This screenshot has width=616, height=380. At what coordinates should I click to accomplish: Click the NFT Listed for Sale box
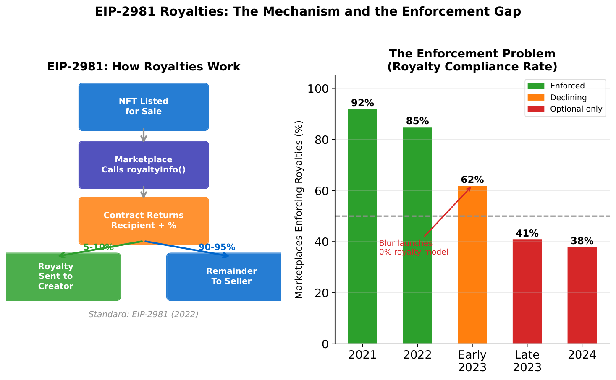click(x=144, y=107)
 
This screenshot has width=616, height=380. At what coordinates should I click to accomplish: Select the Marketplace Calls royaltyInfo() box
click(x=144, y=165)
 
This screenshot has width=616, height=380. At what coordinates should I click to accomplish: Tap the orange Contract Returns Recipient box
click(x=144, y=221)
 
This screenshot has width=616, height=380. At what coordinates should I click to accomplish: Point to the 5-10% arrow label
click(x=99, y=247)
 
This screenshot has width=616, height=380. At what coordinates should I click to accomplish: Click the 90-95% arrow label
click(x=217, y=247)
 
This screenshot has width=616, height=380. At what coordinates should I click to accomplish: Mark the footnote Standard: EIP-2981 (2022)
click(x=143, y=314)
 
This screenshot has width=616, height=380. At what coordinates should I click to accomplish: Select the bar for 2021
click(x=362, y=226)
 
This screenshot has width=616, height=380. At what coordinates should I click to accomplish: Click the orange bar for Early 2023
click(x=472, y=264)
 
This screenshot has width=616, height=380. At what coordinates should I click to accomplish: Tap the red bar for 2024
click(x=582, y=295)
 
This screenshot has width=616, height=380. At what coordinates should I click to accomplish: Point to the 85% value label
click(x=417, y=121)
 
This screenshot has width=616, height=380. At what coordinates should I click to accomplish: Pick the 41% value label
click(x=527, y=234)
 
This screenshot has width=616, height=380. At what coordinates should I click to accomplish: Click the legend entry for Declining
click(x=568, y=98)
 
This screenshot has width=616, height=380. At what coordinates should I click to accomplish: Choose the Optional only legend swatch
click(x=535, y=109)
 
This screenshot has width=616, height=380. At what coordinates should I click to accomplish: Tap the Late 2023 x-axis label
click(x=527, y=361)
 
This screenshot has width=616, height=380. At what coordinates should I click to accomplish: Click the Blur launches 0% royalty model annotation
click(x=413, y=248)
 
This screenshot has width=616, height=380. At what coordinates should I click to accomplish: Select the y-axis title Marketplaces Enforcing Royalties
click(x=299, y=209)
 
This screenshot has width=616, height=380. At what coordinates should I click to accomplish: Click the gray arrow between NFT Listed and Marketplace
click(x=144, y=135)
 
